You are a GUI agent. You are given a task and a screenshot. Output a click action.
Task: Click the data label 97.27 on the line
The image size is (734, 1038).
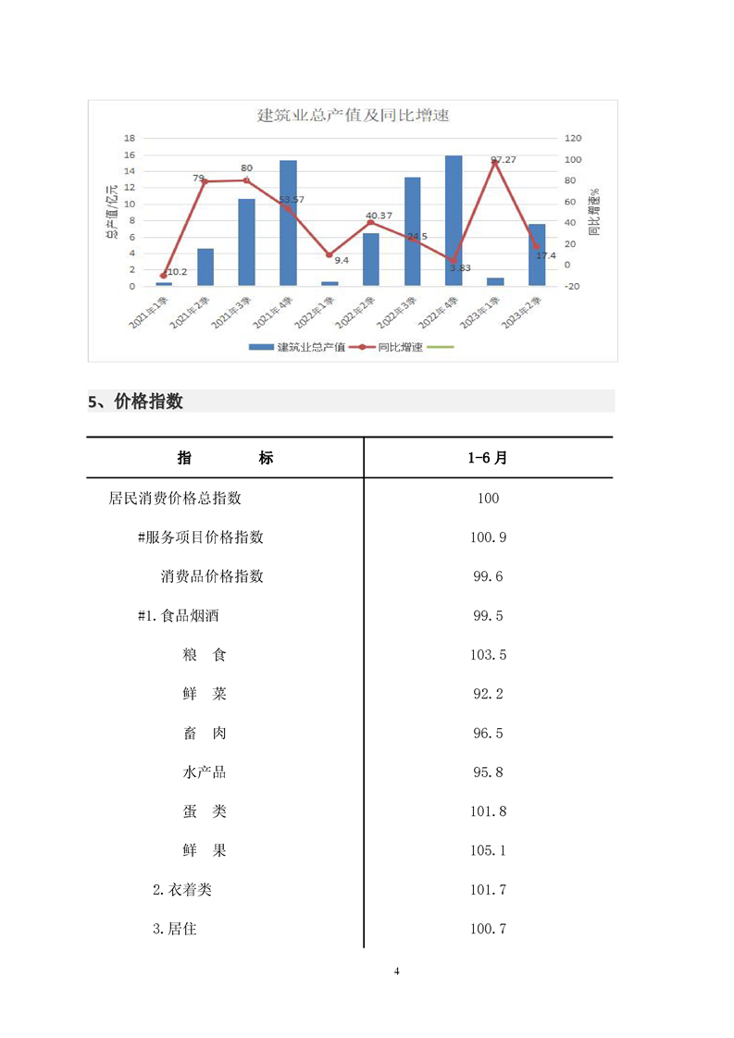pyautogui.click(x=504, y=160)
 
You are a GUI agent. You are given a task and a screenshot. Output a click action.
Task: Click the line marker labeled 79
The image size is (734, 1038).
pyautogui.click(x=205, y=181)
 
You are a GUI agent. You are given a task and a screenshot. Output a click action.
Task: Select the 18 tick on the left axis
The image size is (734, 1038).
pyautogui.click(x=131, y=138)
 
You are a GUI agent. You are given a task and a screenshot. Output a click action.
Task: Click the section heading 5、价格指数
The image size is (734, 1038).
pyautogui.click(x=135, y=402)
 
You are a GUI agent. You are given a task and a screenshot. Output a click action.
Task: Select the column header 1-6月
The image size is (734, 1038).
pyautogui.click(x=488, y=458)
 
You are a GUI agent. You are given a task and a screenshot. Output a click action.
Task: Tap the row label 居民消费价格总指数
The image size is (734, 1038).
pyautogui.click(x=175, y=498)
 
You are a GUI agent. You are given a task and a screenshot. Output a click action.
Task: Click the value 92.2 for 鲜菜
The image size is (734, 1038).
pyautogui.click(x=488, y=694)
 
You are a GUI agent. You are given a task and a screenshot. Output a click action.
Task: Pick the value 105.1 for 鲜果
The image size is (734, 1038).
pyautogui.click(x=488, y=850)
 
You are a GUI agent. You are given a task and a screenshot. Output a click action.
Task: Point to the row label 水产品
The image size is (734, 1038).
pyautogui.click(x=205, y=772)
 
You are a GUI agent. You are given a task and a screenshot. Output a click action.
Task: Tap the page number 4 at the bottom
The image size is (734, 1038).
pyautogui.click(x=396, y=971)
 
